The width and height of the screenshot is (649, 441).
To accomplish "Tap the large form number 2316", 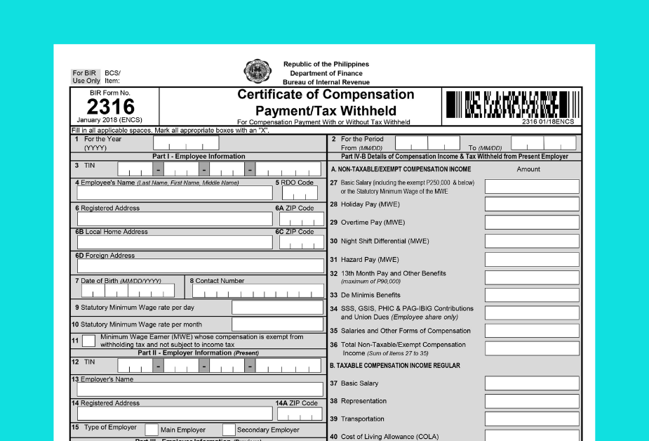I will [x=110, y=107].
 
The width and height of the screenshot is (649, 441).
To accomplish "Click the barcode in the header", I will [x=511, y=105].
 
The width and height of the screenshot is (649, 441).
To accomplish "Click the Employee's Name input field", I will [x=175, y=193].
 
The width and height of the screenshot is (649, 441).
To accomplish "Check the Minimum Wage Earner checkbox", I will [x=89, y=341].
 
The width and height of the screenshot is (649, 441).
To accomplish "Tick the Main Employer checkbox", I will [x=152, y=430].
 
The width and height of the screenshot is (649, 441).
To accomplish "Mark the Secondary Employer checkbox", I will [x=229, y=430].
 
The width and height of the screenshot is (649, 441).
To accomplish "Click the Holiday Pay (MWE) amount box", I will [x=532, y=204].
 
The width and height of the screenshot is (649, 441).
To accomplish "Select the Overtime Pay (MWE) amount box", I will [x=532, y=223].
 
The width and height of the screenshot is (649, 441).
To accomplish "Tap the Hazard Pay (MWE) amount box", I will [x=532, y=259].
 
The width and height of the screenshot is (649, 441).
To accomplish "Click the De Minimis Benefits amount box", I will [x=532, y=295].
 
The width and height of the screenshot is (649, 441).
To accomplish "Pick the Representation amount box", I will [x=532, y=401].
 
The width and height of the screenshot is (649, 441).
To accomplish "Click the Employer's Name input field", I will [x=200, y=390].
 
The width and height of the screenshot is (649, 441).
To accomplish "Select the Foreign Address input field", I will [x=200, y=266].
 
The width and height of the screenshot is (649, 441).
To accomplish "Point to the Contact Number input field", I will [x=257, y=291].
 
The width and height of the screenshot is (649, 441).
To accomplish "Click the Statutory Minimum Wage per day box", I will [x=277, y=308].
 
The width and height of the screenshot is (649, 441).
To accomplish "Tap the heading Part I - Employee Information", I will [x=199, y=157].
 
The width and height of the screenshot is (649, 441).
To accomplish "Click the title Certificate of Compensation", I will [x=326, y=95].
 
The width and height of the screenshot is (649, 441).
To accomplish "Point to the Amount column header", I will [x=528, y=169].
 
